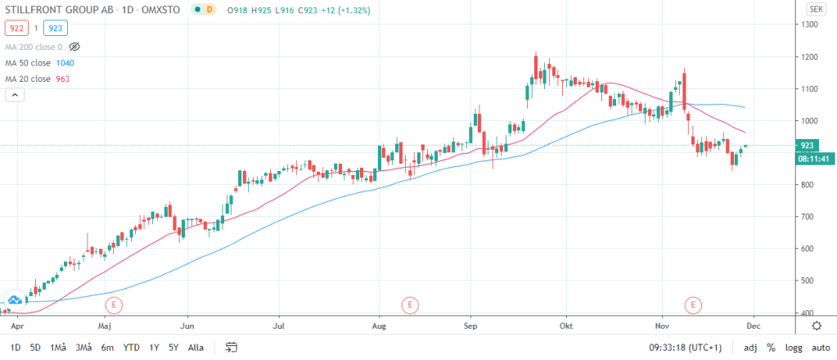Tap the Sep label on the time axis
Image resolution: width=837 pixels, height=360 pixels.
pyautogui.click(x=470, y=325)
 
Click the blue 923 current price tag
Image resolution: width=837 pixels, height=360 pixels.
pyautogui.click(x=807, y=145)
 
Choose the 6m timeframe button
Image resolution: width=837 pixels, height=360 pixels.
pyautogui.click(x=107, y=347)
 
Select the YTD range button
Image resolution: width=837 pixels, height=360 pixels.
pyautogui.click(x=131, y=347)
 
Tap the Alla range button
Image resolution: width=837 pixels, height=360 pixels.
pyautogui.click(x=196, y=347)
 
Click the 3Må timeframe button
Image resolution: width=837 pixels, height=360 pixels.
pyautogui.click(x=83, y=347)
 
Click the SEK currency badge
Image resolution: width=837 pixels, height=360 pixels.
pyautogui.click(x=815, y=9)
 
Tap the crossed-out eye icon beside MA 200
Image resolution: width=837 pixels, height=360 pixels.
pyautogui.click(x=74, y=47)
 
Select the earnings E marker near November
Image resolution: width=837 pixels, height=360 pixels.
pyautogui.click(x=694, y=305)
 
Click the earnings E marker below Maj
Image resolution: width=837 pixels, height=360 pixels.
pyautogui.click(x=114, y=305)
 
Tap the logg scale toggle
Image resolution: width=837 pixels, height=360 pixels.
pyautogui.click(x=792, y=347)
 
